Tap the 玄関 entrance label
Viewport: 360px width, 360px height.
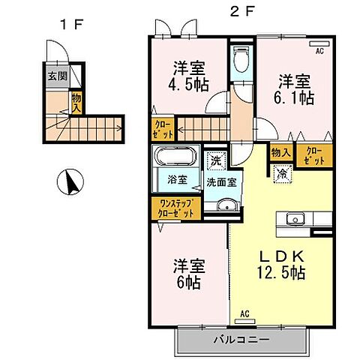(58, 75)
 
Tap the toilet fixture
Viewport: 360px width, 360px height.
(241, 60)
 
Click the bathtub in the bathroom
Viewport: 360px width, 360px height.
(175, 158)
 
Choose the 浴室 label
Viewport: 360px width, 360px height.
(177, 181)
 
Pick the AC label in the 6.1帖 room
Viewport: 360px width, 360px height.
(319, 51)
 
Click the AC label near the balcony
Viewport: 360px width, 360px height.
(244, 313)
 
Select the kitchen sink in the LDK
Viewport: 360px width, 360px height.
(294, 220)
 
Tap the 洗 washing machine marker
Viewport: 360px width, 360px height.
(215, 159)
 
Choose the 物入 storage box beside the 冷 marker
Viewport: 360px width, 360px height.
(280, 152)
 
